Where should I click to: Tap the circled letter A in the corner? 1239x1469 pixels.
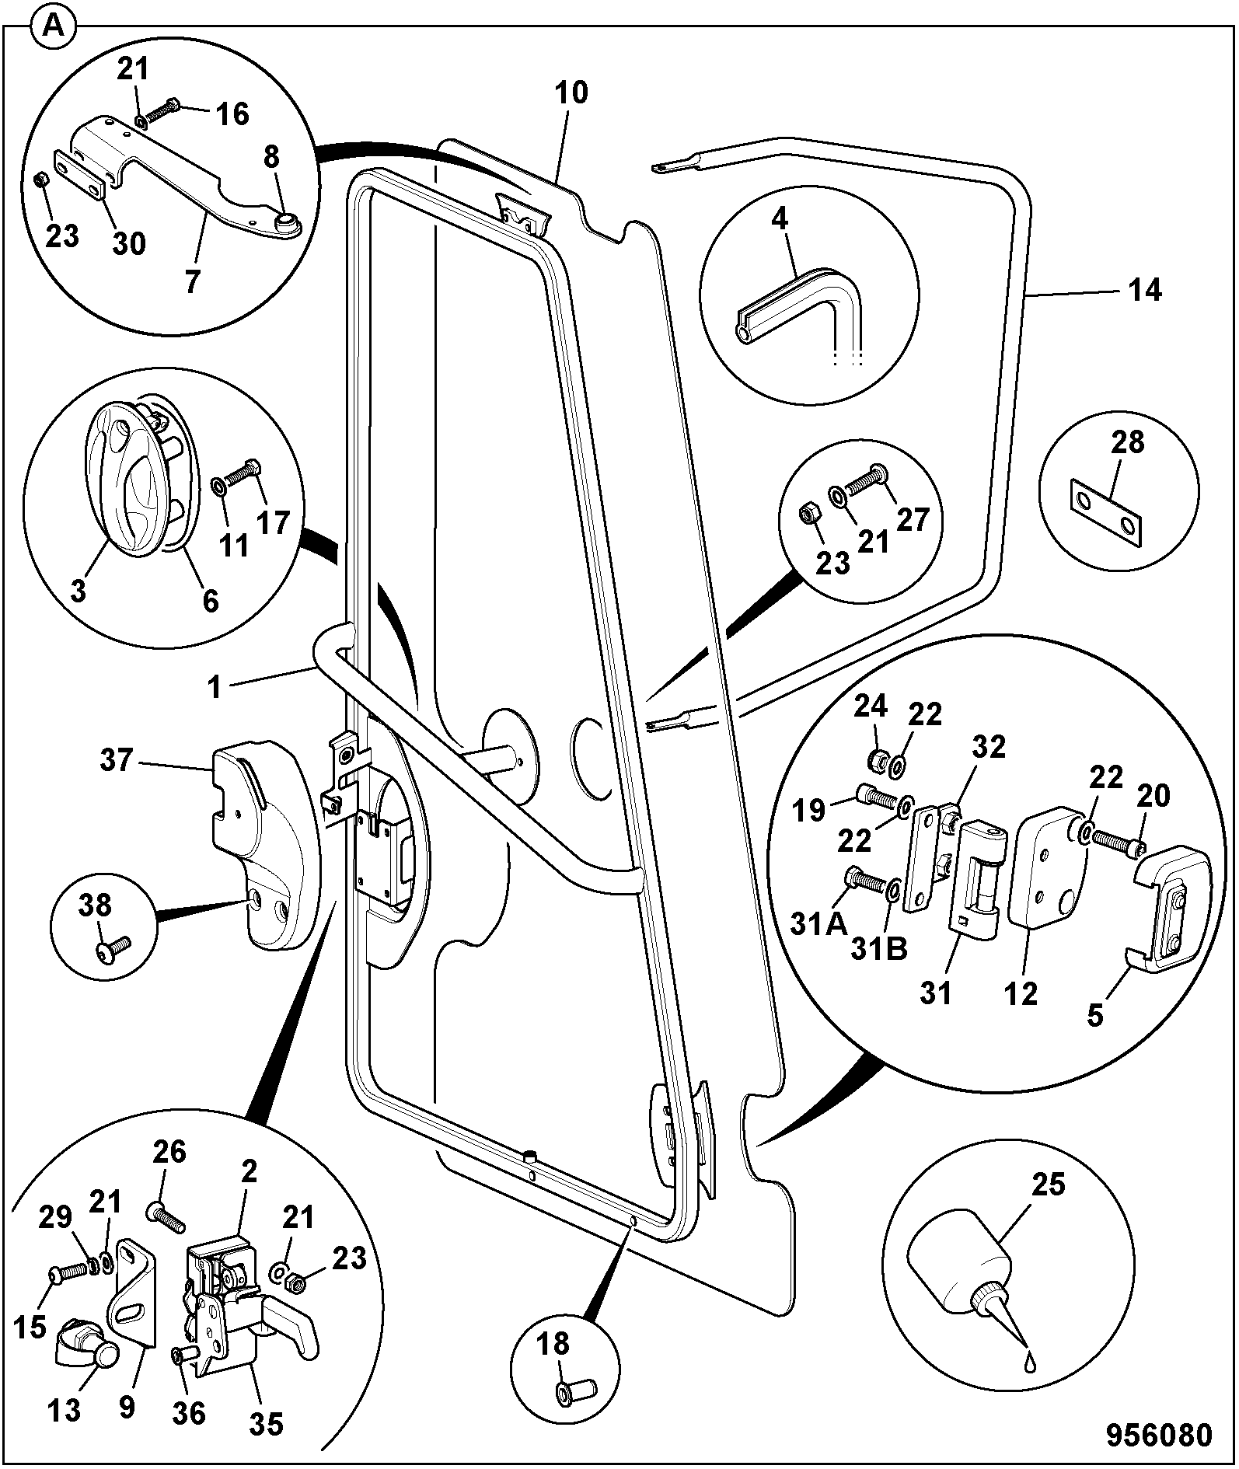[54, 27]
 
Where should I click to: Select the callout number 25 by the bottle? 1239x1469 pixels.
[1049, 1185]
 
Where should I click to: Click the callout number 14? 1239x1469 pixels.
[1145, 290]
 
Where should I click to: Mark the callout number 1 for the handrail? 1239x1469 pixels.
[215, 687]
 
